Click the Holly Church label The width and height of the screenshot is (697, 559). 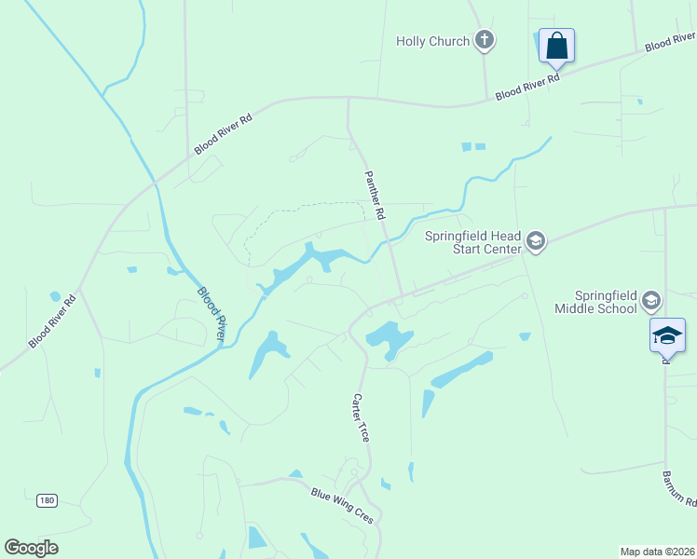[x=432, y=41]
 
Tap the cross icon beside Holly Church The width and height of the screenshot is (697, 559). [x=484, y=40]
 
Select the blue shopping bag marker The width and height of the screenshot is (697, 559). [x=556, y=45]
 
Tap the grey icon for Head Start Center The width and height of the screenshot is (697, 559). [x=536, y=242]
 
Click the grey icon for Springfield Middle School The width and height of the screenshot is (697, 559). [x=650, y=300]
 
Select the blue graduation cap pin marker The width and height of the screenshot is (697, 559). [x=667, y=335]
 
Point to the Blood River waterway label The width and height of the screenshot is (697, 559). [x=210, y=314]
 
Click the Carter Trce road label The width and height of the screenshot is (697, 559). [x=361, y=416]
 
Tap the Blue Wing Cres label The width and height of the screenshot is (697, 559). [x=342, y=504]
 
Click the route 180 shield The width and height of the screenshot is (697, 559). [x=47, y=500]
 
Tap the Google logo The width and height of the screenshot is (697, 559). [x=31, y=548]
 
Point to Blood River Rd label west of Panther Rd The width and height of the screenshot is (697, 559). [x=223, y=134]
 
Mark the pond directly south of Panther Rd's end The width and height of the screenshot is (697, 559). [x=389, y=338]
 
